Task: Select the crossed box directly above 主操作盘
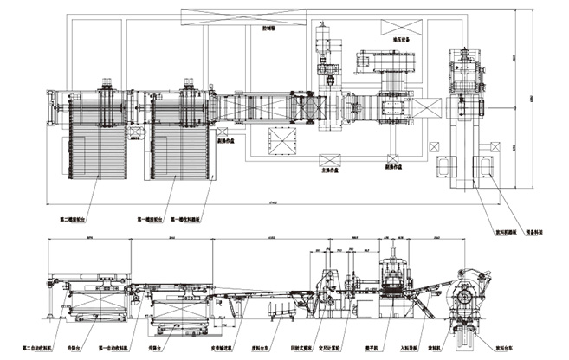point(329,160)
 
